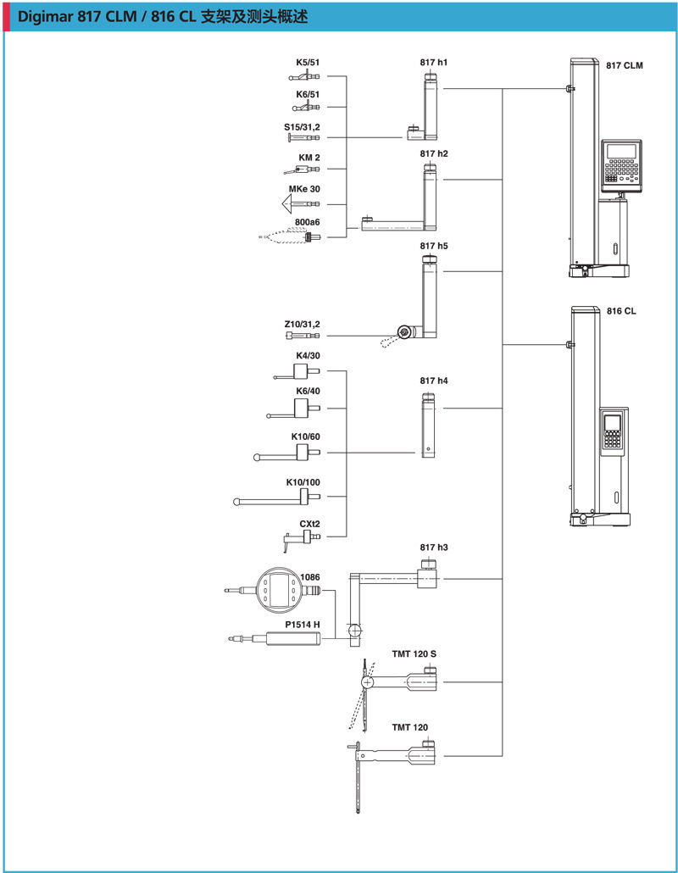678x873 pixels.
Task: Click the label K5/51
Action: (308, 63)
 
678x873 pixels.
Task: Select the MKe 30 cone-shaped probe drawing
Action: (295, 204)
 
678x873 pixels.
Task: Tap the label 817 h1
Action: (433, 63)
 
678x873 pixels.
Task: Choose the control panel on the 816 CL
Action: (613, 432)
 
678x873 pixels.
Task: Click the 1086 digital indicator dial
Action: (280, 588)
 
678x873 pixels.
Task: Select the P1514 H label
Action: (303, 624)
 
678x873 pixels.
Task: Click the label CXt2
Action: (309, 524)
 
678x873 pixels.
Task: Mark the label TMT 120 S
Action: (414, 654)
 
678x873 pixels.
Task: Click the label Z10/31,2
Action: (303, 324)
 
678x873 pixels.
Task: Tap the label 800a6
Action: (307, 221)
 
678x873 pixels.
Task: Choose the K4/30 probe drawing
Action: (297, 371)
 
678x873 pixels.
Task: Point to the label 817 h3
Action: (433, 548)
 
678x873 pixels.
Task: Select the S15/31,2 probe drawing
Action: (304, 137)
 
